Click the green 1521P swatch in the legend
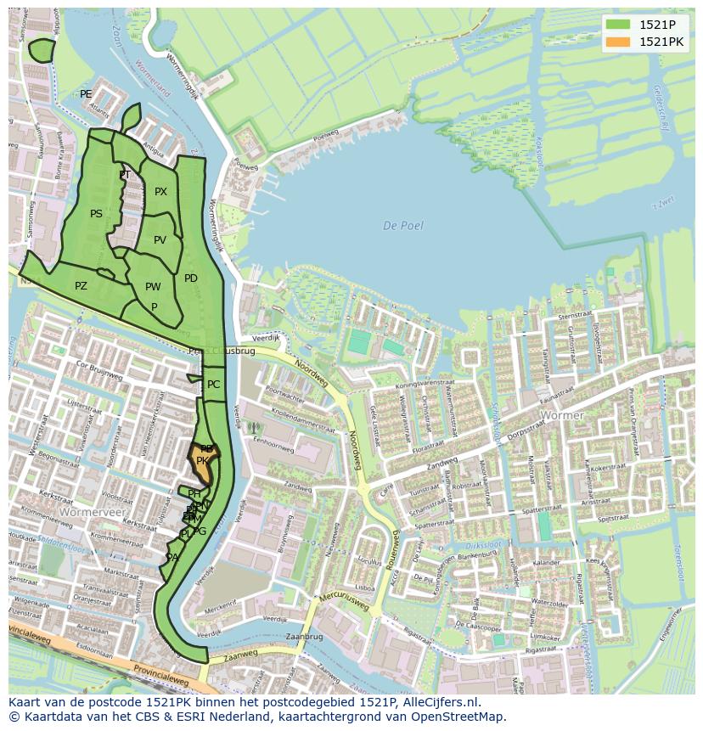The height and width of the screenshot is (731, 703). pos(618,24)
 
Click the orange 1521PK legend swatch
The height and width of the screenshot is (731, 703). pos(618,41)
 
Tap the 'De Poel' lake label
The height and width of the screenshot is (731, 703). pos(402,226)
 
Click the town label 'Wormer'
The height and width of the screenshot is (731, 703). pos(562,415)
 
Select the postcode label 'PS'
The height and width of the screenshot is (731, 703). pos(96,214)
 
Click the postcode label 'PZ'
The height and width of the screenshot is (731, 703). pos(81,286)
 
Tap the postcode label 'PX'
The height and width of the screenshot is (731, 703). pos(160,192)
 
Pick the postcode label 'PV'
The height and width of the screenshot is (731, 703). pos(160,240)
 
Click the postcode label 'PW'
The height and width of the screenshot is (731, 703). pos(153,287)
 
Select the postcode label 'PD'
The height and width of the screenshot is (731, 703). pos(191,278)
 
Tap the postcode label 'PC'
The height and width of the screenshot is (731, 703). pos(213,385)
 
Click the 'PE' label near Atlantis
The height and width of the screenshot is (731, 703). pos(86,94)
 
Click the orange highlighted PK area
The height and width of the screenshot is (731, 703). pos(204,465)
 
